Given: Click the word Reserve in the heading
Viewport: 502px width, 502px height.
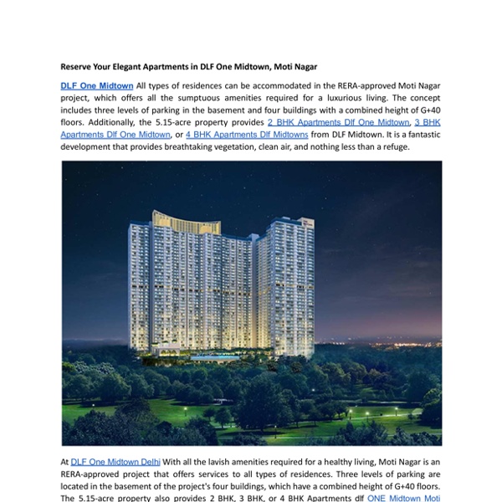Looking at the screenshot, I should pyautogui.click(x=77, y=66).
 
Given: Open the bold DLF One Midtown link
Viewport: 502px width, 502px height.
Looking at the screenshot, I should pyautogui.click(x=97, y=85).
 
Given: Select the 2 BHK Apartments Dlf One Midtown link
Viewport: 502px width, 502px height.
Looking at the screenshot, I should pyautogui.click(x=332, y=122).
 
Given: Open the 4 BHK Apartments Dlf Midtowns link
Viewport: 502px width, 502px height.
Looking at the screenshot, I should pyautogui.click(x=247, y=135).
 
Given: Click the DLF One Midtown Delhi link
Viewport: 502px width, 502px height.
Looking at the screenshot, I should pyautogui.click(x=115, y=461).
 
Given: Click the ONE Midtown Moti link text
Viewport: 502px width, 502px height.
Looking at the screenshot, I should pyautogui.click(x=403, y=498).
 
